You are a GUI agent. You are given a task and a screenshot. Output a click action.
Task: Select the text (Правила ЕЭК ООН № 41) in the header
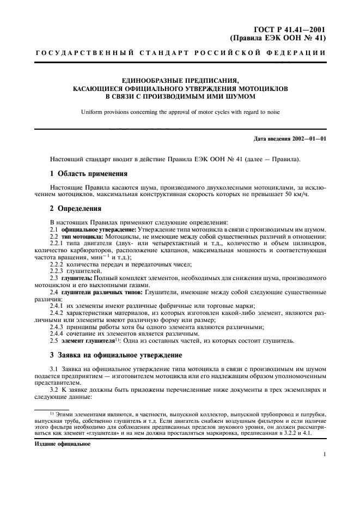(278, 39)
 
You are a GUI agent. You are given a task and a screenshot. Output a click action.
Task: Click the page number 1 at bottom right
(324, 454)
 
